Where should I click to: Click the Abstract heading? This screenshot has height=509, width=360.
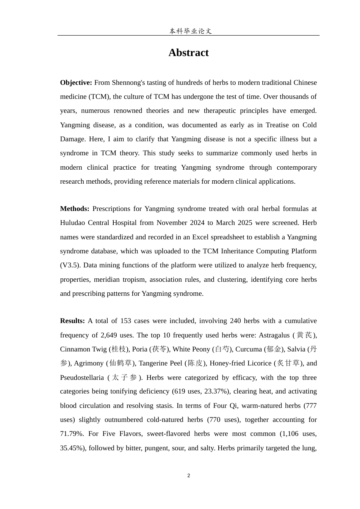(x=188, y=53)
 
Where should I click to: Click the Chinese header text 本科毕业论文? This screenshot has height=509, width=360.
(x=190, y=31)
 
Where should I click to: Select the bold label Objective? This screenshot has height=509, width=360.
(x=76, y=83)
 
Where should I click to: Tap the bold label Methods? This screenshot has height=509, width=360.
(x=75, y=209)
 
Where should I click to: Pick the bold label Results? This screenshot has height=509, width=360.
(x=72, y=321)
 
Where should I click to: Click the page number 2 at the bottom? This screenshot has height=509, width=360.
(x=189, y=476)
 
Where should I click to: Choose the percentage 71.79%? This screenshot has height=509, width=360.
(x=70, y=434)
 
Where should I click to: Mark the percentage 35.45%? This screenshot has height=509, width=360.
(x=70, y=448)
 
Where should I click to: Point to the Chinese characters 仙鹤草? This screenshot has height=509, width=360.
(x=121, y=363)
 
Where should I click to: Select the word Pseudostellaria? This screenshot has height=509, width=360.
(x=82, y=378)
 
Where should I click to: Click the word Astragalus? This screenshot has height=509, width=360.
(x=273, y=335)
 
